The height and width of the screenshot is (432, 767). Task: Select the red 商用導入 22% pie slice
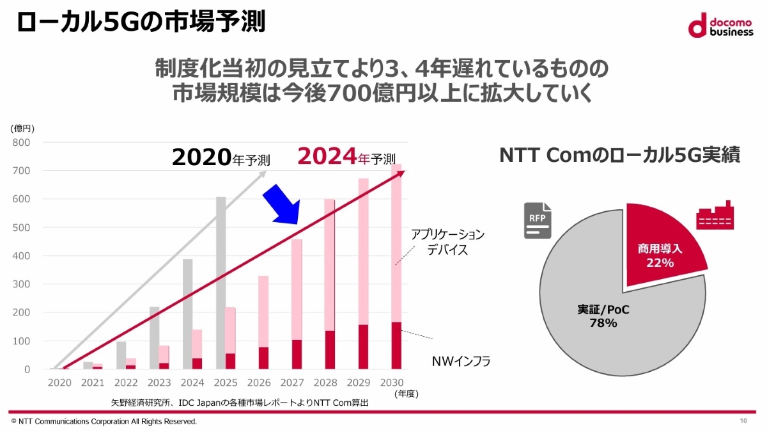665,243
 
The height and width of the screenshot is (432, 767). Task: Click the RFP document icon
538,220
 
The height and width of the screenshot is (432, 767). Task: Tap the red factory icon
715,218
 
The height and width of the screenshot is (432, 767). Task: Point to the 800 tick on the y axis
21,143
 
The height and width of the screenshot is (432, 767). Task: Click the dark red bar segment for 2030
396,346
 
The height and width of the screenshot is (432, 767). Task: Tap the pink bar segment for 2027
297,288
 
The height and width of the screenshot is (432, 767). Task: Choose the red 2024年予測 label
345,157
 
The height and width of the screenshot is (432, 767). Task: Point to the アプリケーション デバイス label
447,242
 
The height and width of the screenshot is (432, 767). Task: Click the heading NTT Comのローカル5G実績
619,155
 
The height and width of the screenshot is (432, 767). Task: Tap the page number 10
743,420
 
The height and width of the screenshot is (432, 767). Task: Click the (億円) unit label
22,128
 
